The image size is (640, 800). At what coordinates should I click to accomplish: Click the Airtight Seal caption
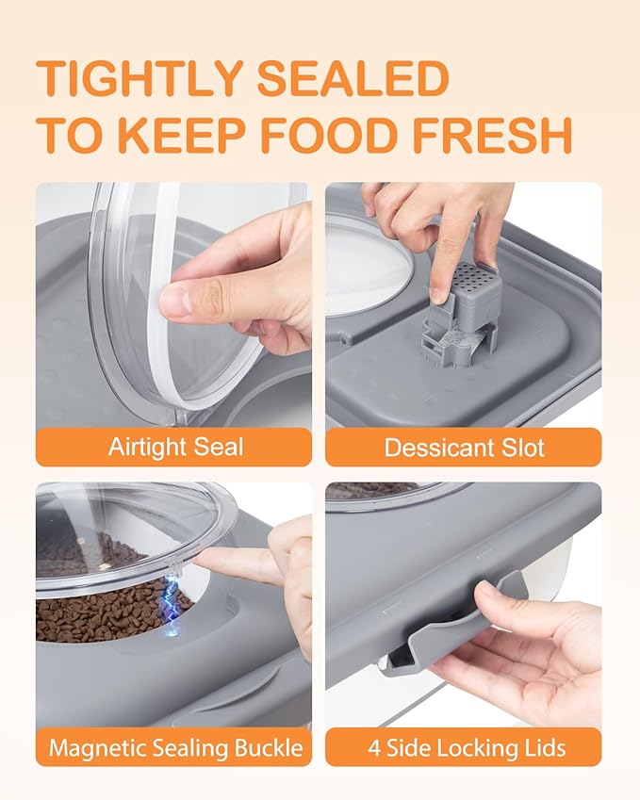173,447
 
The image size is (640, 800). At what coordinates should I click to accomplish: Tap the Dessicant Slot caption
464,447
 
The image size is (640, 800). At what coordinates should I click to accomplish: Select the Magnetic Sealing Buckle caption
175,748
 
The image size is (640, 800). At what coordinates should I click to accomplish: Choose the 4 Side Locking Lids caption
464,748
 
